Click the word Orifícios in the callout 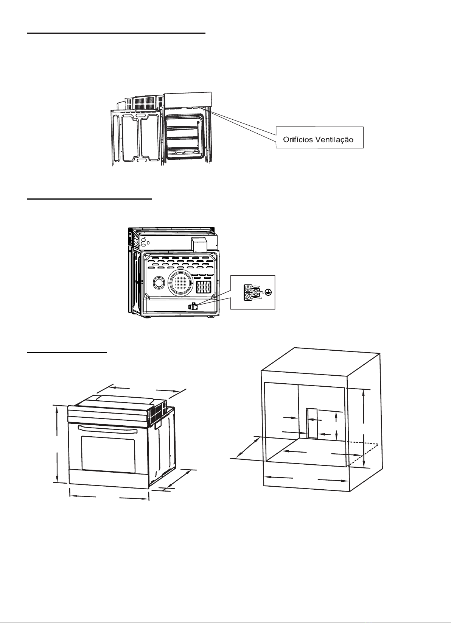click(x=298, y=139)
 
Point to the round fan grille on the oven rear click(x=180, y=283)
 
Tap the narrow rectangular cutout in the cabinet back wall click(x=312, y=423)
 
